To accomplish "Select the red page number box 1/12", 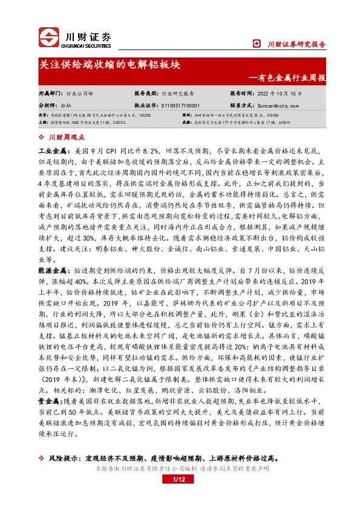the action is (178, 497).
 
